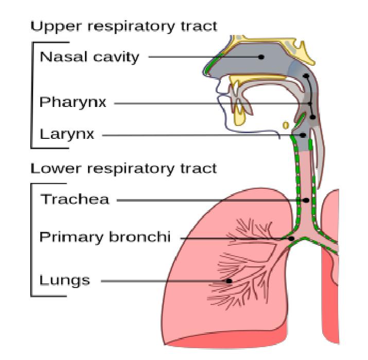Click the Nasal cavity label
(89, 57)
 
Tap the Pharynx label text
(73, 103)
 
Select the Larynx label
(67, 135)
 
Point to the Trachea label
(75, 200)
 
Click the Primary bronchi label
(104, 238)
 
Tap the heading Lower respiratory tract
(124, 168)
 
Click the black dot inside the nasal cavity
(261, 57)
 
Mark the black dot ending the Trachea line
(307, 200)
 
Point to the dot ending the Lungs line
(230, 281)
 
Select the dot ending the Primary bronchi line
(292, 239)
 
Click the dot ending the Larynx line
(303, 136)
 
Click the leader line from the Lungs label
(165, 281)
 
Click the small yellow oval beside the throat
(285, 124)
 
